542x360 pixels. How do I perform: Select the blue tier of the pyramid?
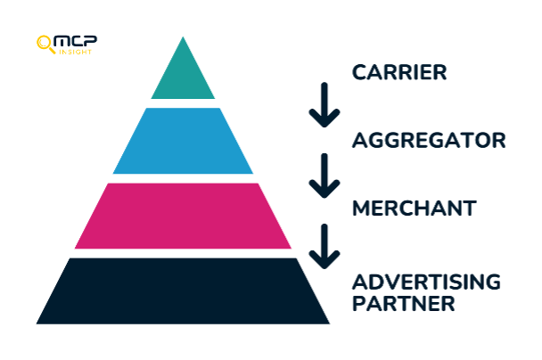tap(183, 141)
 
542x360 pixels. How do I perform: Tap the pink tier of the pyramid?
tap(183, 216)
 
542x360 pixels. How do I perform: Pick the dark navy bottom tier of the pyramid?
tap(183, 291)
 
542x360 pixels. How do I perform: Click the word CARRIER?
tap(399, 72)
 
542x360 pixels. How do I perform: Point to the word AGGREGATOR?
tap(429, 140)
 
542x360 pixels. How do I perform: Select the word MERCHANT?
tap(415, 209)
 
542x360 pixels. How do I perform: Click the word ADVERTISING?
tap(426, 282)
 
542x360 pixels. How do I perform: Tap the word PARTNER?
tap(404, 303)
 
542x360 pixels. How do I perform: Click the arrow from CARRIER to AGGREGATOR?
tap(324, 104)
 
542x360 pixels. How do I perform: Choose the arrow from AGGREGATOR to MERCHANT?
tap(324, 176)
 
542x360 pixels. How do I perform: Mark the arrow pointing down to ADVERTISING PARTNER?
tap(324, 246)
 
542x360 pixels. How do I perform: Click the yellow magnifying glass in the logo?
tap(45, 45)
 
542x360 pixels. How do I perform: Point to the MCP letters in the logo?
tap(76, 41)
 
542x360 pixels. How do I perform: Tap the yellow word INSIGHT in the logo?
tap(75, 52)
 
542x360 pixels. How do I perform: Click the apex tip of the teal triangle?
tap(183, 37)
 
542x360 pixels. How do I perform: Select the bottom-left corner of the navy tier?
tap(37, 323)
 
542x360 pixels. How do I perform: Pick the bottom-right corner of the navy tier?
tap(330, 323)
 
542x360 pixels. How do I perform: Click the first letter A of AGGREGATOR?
tap(360, 140)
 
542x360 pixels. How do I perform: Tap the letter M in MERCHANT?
tap(362, 209)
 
